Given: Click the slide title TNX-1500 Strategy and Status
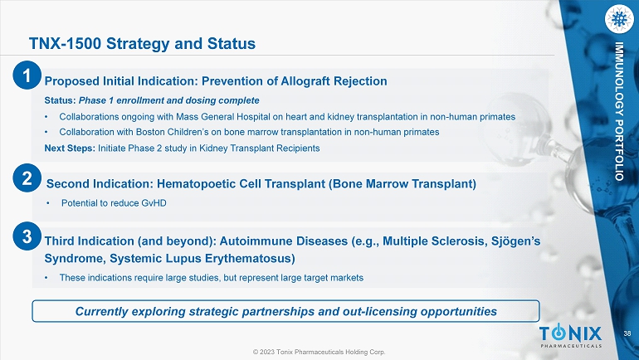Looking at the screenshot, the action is (x=142, y=44).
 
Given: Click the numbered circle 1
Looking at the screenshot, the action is (x=27, y=75).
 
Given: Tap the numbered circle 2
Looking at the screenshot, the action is (x=27, y=178).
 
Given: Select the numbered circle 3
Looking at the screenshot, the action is (x=27, y=236).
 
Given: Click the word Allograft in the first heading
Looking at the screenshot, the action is (x=305, y=81).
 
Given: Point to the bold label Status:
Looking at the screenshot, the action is (x=61, y=100).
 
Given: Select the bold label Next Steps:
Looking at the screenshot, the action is (x=70, y=148).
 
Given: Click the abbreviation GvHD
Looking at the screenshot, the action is (x=154, y=203).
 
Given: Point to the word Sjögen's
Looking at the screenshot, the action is (x=515, y=241).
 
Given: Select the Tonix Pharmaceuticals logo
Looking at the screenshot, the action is (x=571, y=336).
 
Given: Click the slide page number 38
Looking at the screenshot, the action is (x=627, y=334).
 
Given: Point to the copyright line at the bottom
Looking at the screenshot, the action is (x=319, y=352).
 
